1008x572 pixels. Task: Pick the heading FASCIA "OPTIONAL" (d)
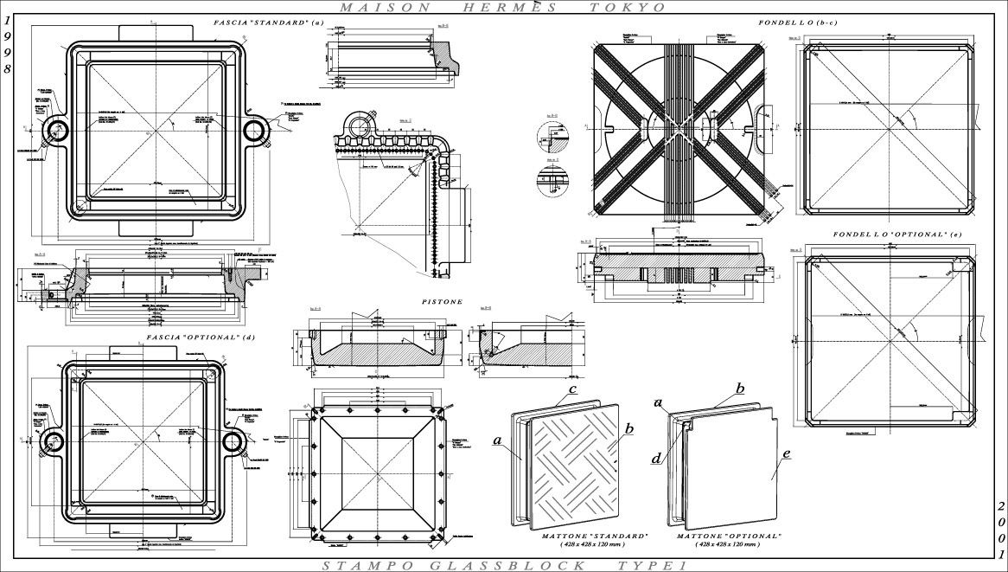[201, 337]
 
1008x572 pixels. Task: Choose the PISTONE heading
[442, 302]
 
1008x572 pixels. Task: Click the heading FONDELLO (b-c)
[798, 22]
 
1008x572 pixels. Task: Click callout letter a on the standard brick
[498, 440]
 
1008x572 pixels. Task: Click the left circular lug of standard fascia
[58, 131]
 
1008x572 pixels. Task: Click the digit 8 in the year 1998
[8, 68]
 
